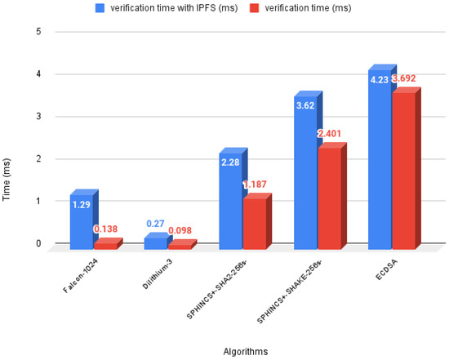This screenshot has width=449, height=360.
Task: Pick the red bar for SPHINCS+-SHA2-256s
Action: tap(253, 223)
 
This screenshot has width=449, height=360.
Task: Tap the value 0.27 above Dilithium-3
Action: tap(155, 223)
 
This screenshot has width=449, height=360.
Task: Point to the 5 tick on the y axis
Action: tap(38, 32)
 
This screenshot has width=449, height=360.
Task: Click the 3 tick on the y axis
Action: tap(38, 117)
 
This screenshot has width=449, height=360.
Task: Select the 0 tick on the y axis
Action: tap(38, 243)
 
